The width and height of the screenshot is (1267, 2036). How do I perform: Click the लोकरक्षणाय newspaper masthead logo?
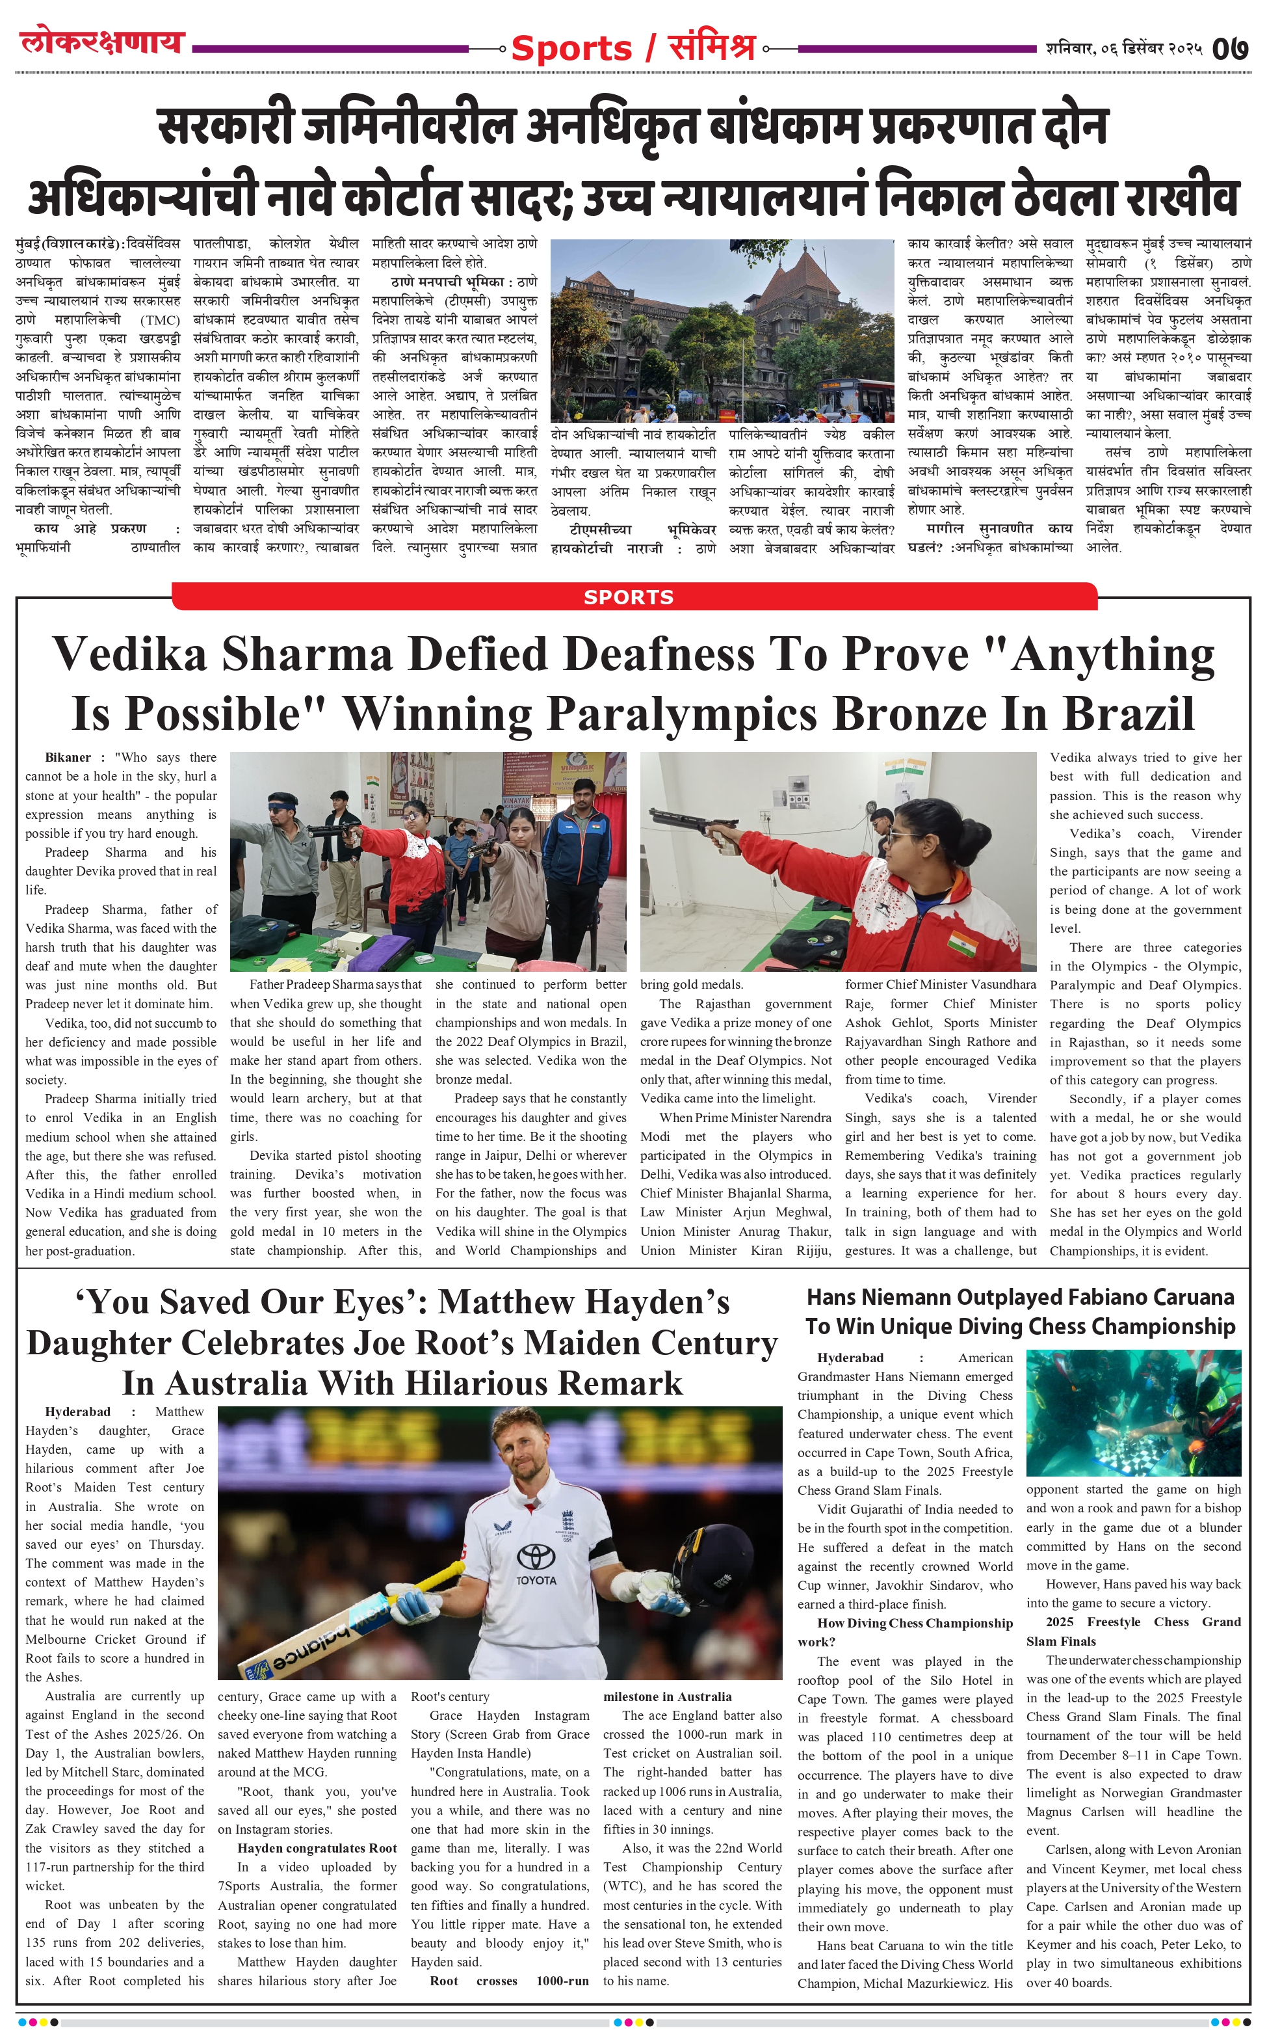click(x=102, y=42)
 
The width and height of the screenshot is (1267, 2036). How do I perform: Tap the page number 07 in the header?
click(x=1230, y=49)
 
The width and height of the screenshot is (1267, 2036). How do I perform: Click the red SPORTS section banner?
click(x=629, y=596)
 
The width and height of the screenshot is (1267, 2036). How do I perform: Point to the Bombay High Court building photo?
click(x=722, y=330)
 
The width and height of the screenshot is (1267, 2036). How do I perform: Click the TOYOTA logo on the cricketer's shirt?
click(x=536, y=1579)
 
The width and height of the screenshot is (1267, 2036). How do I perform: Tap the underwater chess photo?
click(x=1133, y=1412)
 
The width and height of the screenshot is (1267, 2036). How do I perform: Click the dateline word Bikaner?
click(x=68, y=757)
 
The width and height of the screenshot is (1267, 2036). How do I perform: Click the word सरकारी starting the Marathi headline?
click(x=226, y=127)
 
